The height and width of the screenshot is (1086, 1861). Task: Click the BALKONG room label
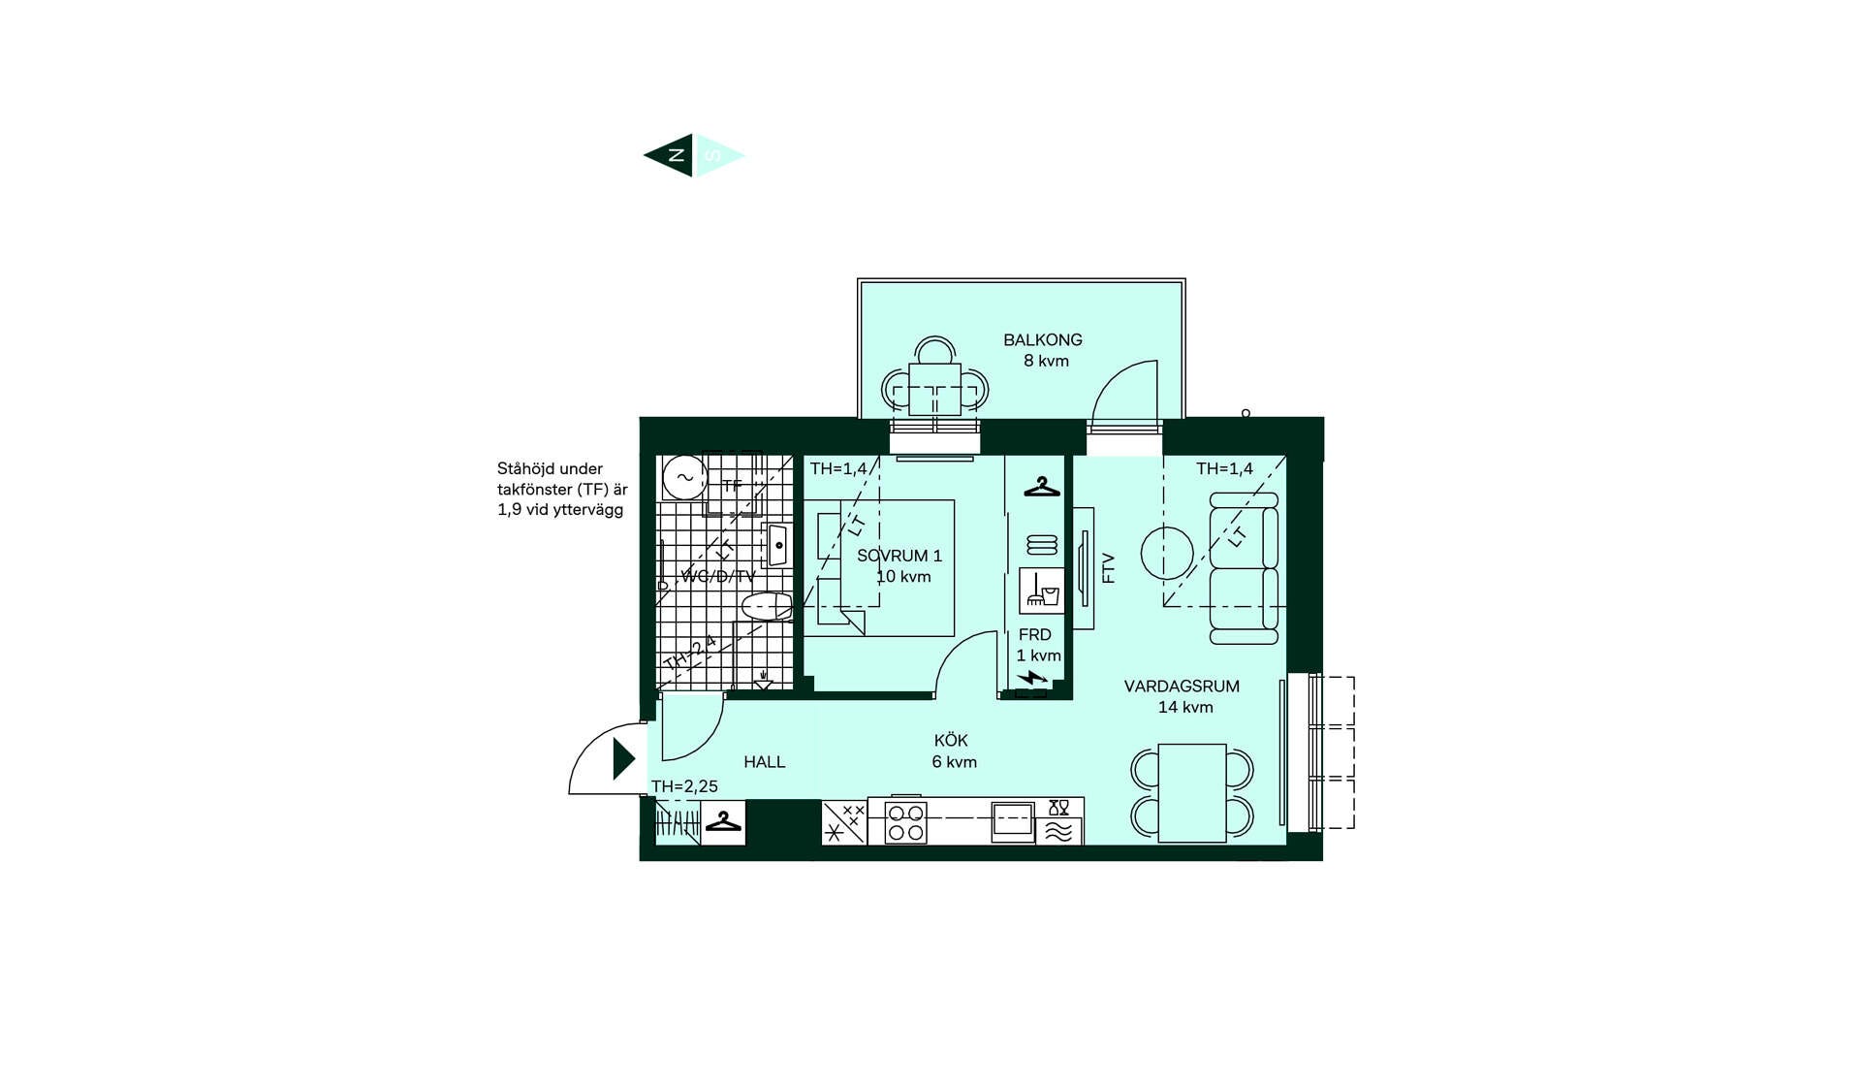1042,339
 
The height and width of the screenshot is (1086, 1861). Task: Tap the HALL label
765,762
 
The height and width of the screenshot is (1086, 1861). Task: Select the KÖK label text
951,740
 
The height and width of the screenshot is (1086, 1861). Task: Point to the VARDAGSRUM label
1182,687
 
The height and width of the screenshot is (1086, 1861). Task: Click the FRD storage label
1034,635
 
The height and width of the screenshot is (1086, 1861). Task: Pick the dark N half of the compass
670,155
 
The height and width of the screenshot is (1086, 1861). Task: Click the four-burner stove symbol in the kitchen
905,822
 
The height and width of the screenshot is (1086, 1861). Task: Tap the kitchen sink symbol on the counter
1012,820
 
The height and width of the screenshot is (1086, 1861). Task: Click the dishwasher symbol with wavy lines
1058,832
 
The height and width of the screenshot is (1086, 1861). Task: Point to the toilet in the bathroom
767,607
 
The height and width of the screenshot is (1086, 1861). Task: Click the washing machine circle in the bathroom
684,477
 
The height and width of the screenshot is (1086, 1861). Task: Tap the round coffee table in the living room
1167,554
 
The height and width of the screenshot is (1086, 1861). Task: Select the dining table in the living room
1192,793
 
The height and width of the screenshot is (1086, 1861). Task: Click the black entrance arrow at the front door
624,758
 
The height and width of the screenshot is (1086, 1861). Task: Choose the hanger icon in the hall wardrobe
723,822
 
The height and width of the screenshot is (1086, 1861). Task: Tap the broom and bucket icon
1042,591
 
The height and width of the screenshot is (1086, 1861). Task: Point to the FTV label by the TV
1109,568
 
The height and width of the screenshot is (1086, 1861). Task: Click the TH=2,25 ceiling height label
684,786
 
